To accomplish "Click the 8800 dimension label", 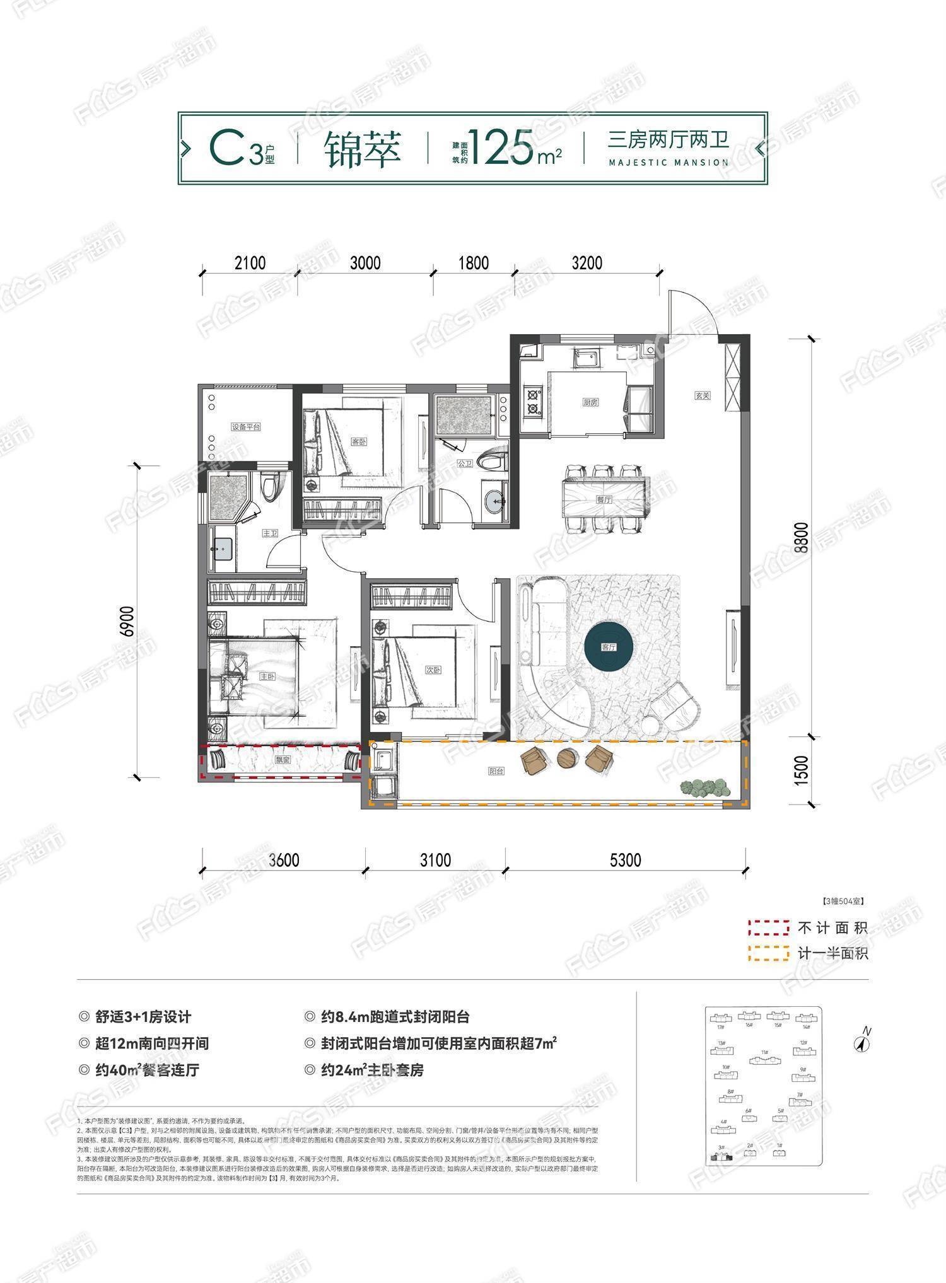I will (x=800, y=537).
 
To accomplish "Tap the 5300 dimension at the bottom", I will (x=625, y=859).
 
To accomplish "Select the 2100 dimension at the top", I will (x=250, y=262).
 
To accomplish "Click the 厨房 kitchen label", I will (x=590, y=402).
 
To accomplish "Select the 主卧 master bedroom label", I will (x=267, y=676).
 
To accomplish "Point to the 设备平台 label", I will (x=245, y=427).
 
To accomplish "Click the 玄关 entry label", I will (x=703, y=395).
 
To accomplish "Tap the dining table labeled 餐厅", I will (x=604, y=498).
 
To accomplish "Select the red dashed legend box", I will (x=768, y=927).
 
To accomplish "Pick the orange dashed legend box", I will (x=768, y=953).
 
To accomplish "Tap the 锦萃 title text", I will (x=363, y=149).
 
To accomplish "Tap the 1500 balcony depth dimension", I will (x=800, y=770).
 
